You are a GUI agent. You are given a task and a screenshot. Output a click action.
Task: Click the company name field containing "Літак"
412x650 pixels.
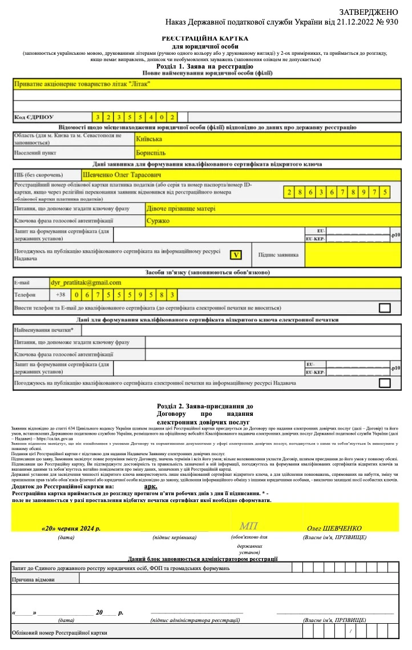pyautogui.click(x=82, y=84)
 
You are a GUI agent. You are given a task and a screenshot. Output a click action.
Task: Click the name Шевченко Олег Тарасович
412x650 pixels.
pyautogui.click(x=123, y=174)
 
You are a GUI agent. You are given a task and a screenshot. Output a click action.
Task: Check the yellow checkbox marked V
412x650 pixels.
pyautogui.click(x=235, y=255)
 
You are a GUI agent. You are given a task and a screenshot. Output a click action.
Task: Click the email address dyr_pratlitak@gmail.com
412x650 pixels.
pyautogui.click(x=86, y=282)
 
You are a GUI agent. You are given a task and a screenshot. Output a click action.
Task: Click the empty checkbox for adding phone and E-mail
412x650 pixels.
pyautogui.click(x=385, y=308)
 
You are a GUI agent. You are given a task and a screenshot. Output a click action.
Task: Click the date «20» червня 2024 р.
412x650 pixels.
pyautogui.click(x=71, y=528)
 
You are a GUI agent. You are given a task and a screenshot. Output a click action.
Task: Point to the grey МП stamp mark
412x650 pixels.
pyautogui.click(x=249, y=525)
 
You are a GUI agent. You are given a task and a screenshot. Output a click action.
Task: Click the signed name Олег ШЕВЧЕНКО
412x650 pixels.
pyautogui.click(x=334, y=528)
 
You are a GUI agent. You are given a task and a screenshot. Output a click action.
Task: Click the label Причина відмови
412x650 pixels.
pyautogui.click(x=34, y=579)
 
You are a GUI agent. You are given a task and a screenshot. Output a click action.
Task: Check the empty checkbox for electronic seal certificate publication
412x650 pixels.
pyautogui.click(x=385, y=383)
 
